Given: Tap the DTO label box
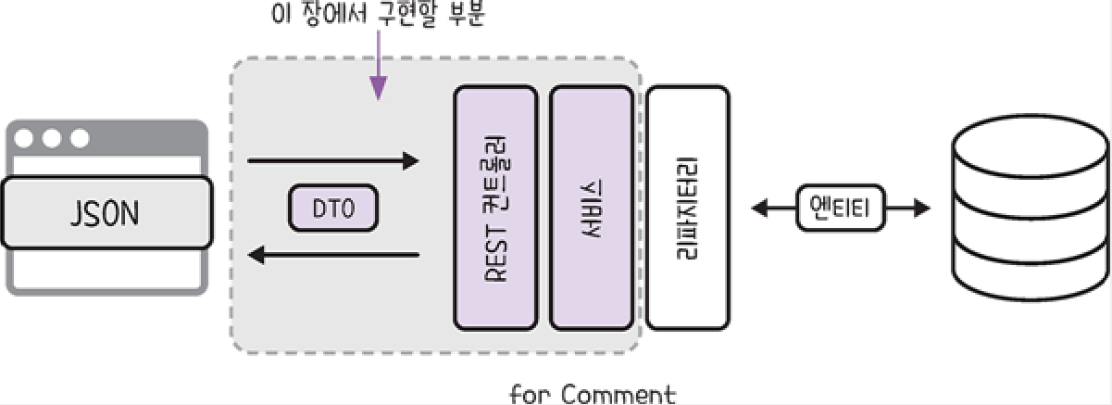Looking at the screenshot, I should (333, 209).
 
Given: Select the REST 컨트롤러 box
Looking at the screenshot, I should (495, 208).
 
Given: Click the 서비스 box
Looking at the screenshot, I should (593, 208).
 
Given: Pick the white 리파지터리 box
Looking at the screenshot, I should (687, 208).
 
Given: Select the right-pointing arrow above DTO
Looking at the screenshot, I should (333, 162).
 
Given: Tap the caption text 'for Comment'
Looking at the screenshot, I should (593, 395).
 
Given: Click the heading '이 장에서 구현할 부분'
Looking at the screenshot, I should (381, 15).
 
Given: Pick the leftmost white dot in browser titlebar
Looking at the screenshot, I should (25, 139).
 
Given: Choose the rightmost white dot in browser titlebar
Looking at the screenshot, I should (80, 139).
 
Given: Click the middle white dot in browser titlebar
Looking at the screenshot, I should (52, 139).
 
